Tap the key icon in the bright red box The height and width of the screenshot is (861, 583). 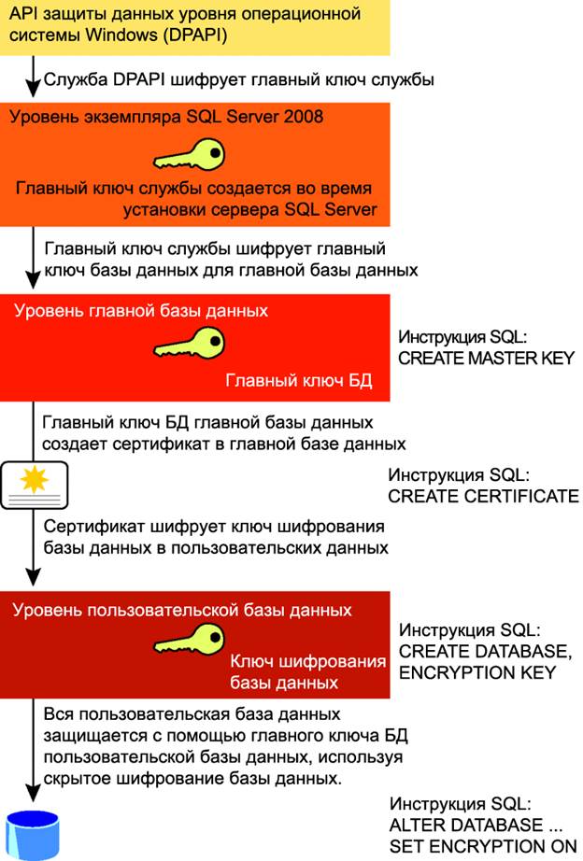(191, 342)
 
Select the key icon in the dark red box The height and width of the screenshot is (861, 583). (191, 641)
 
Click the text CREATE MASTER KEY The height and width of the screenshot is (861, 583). (486, 358)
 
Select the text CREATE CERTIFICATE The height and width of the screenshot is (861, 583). (483, 496)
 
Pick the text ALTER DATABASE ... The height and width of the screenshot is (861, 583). (466, 826)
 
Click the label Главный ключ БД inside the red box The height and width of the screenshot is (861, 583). (299, 380)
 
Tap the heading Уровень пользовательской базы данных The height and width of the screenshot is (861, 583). (183, 611)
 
